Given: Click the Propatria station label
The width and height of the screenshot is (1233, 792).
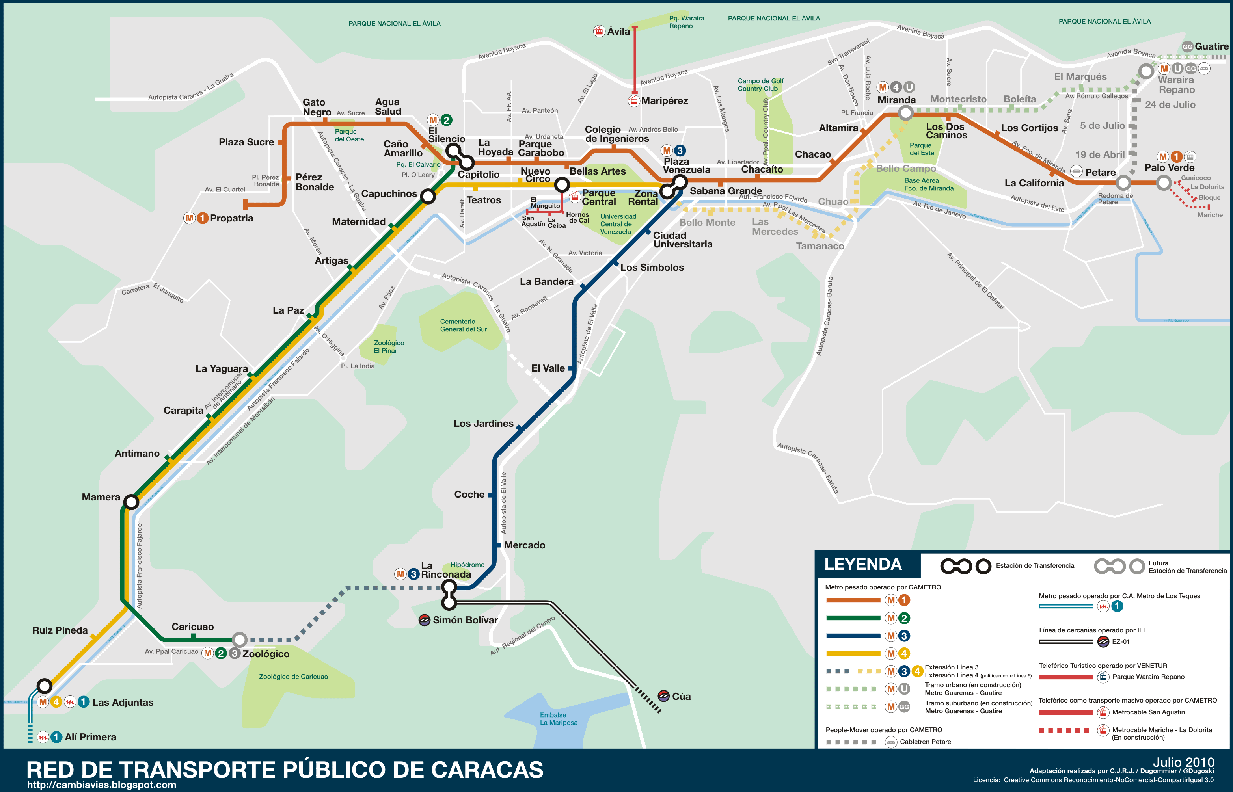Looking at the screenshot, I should coord(231,218).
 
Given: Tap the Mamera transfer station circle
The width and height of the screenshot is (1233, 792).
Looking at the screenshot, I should coord(132,502).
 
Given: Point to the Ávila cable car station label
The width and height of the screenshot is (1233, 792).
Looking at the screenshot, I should coord(618,32).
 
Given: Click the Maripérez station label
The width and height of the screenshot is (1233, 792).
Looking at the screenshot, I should coord(664,101).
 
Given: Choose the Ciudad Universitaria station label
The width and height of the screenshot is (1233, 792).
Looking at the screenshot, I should coord(683,240).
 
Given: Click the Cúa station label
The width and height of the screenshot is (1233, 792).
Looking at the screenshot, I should coord(681,696).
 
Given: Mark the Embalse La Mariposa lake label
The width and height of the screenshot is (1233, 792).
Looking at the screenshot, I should coord(558,718).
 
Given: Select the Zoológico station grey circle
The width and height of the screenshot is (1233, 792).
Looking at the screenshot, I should coord(239,640).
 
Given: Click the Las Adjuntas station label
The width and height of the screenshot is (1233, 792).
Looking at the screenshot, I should coord(123,703).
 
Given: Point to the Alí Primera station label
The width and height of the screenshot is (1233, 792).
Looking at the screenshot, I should coord(91,737).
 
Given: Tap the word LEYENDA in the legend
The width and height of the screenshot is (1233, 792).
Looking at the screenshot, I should coord(862,564).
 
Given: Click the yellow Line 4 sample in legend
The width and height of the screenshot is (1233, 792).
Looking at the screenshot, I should coord(853,654).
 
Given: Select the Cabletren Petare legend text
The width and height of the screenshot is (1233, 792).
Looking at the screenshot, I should coord(925,742).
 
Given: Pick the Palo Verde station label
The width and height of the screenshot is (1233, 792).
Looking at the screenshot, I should coord(1169,167).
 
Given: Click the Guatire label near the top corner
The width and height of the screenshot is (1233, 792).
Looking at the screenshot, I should coord(1211,46).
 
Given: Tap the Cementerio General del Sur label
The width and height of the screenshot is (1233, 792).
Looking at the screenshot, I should coord(463,325).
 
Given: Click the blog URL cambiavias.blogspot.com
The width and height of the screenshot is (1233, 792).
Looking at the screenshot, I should coord(101,785).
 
